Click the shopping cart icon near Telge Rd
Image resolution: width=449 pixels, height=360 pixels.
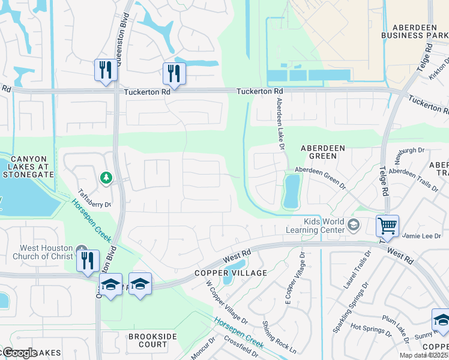[x=387, y=226]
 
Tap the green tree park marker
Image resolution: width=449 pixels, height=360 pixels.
[x=106, y=178]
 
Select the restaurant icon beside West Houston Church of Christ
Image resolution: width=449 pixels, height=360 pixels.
[x=88, y=261]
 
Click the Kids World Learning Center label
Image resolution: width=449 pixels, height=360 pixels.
[x=324, y=226]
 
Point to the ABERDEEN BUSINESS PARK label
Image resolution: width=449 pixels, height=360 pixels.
[x=415, y=32]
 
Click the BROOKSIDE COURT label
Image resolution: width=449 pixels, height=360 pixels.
[x=148, y=340]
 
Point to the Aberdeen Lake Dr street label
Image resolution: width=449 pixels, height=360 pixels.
[x=279, y=121]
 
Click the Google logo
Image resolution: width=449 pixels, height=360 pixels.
[x=19, y=353]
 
